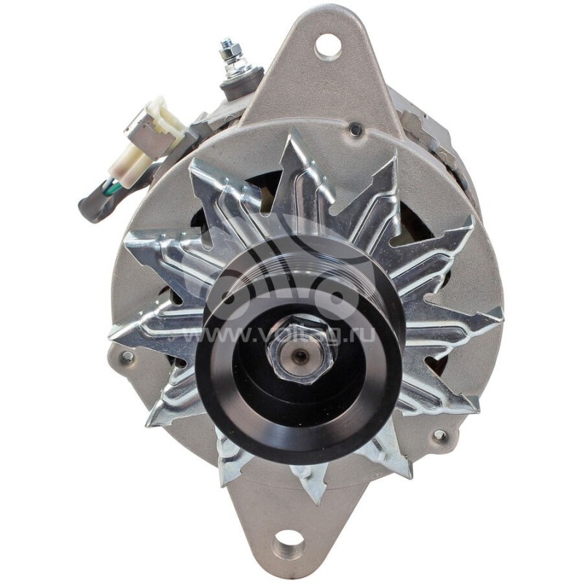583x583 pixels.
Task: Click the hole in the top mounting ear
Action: (327, 46)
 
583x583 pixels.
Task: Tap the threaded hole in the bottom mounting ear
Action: (289, 545)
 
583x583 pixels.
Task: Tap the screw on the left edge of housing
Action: (128, 357)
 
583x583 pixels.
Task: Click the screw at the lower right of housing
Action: (439, 436)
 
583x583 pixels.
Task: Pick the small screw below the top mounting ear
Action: (356, 130)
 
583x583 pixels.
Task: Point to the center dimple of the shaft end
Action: (300, 355)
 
